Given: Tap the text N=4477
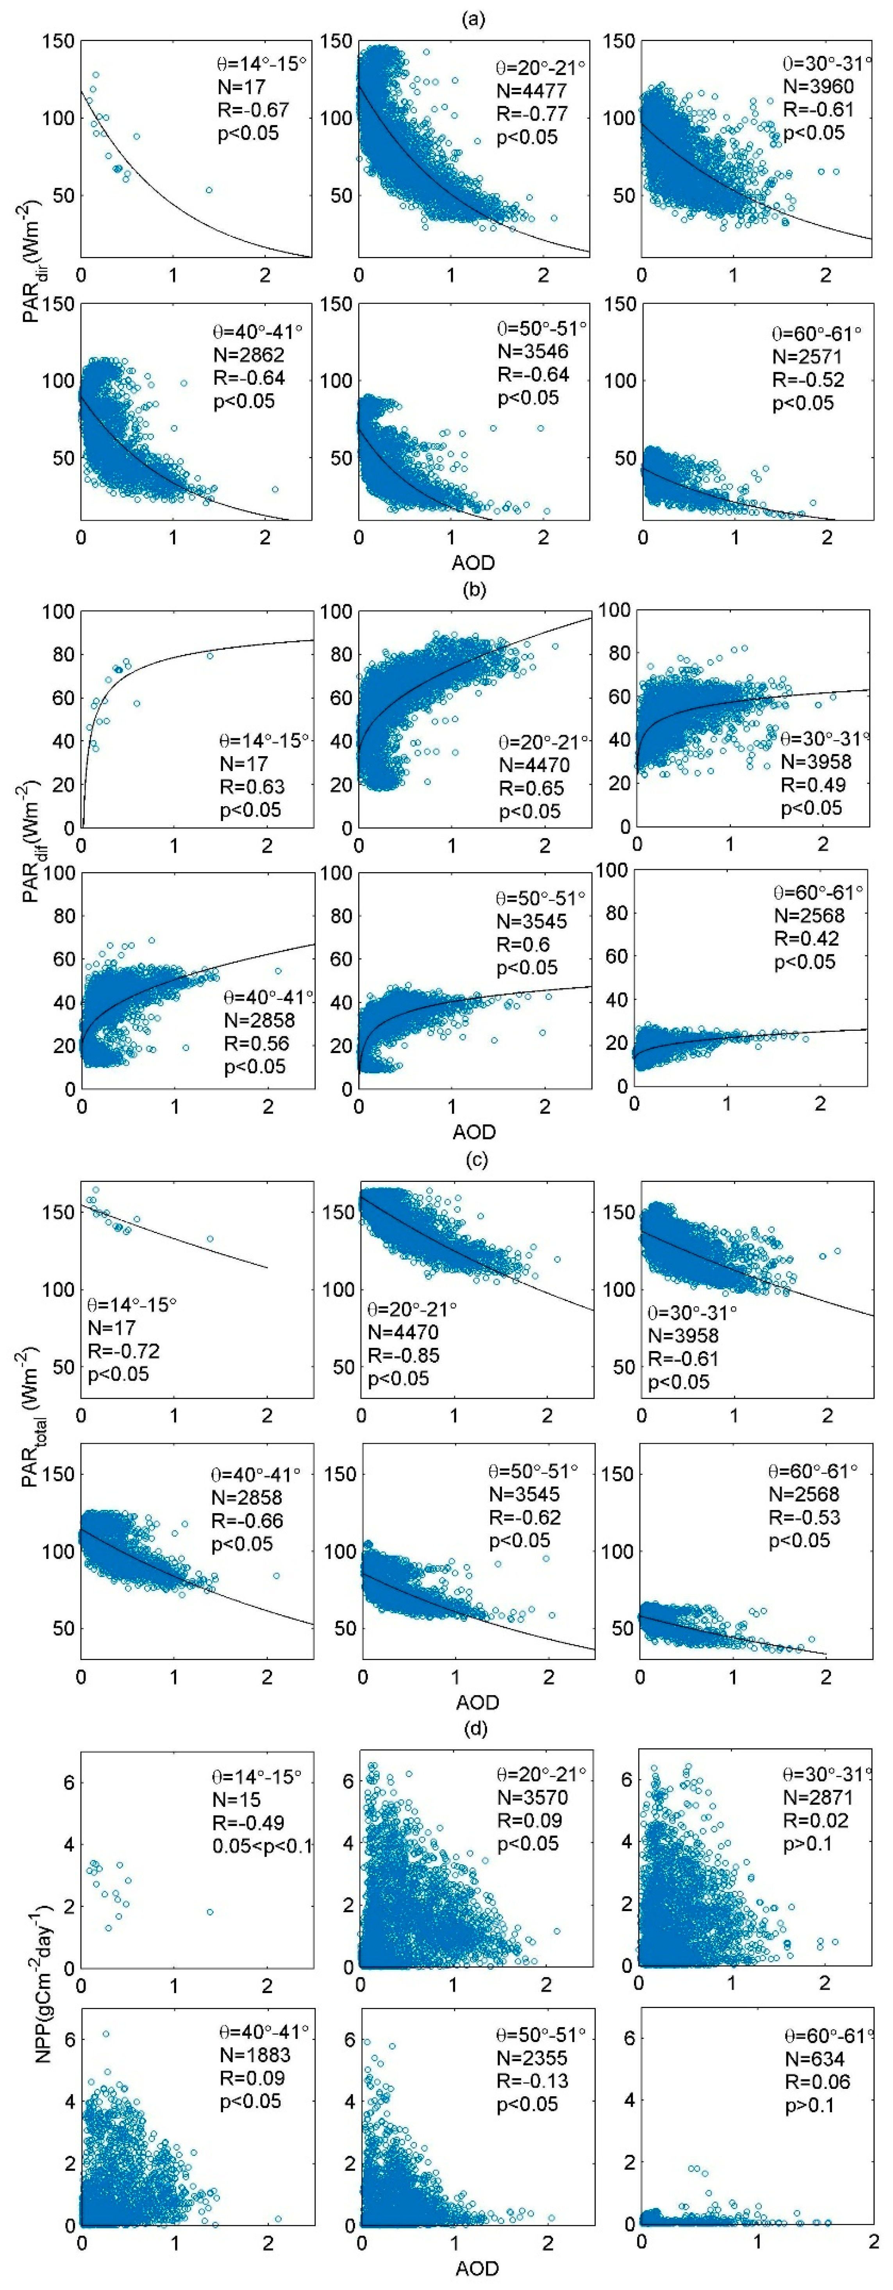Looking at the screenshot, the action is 531,91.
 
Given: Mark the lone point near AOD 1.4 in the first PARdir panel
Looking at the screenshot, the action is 209,190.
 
